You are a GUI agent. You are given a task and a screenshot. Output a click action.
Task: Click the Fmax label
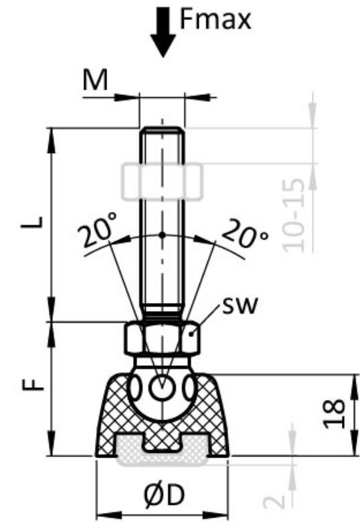tap(215, 20)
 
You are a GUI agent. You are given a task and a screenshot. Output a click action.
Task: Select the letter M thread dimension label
tap(96, 80)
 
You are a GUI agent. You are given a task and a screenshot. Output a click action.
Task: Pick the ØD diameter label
tap(165, 495)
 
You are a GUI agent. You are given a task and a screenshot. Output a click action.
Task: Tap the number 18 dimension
tap(335, 413)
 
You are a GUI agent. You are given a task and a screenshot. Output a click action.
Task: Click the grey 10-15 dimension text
tap(294, 215)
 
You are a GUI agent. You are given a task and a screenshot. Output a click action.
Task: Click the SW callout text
tap(240, 306)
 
